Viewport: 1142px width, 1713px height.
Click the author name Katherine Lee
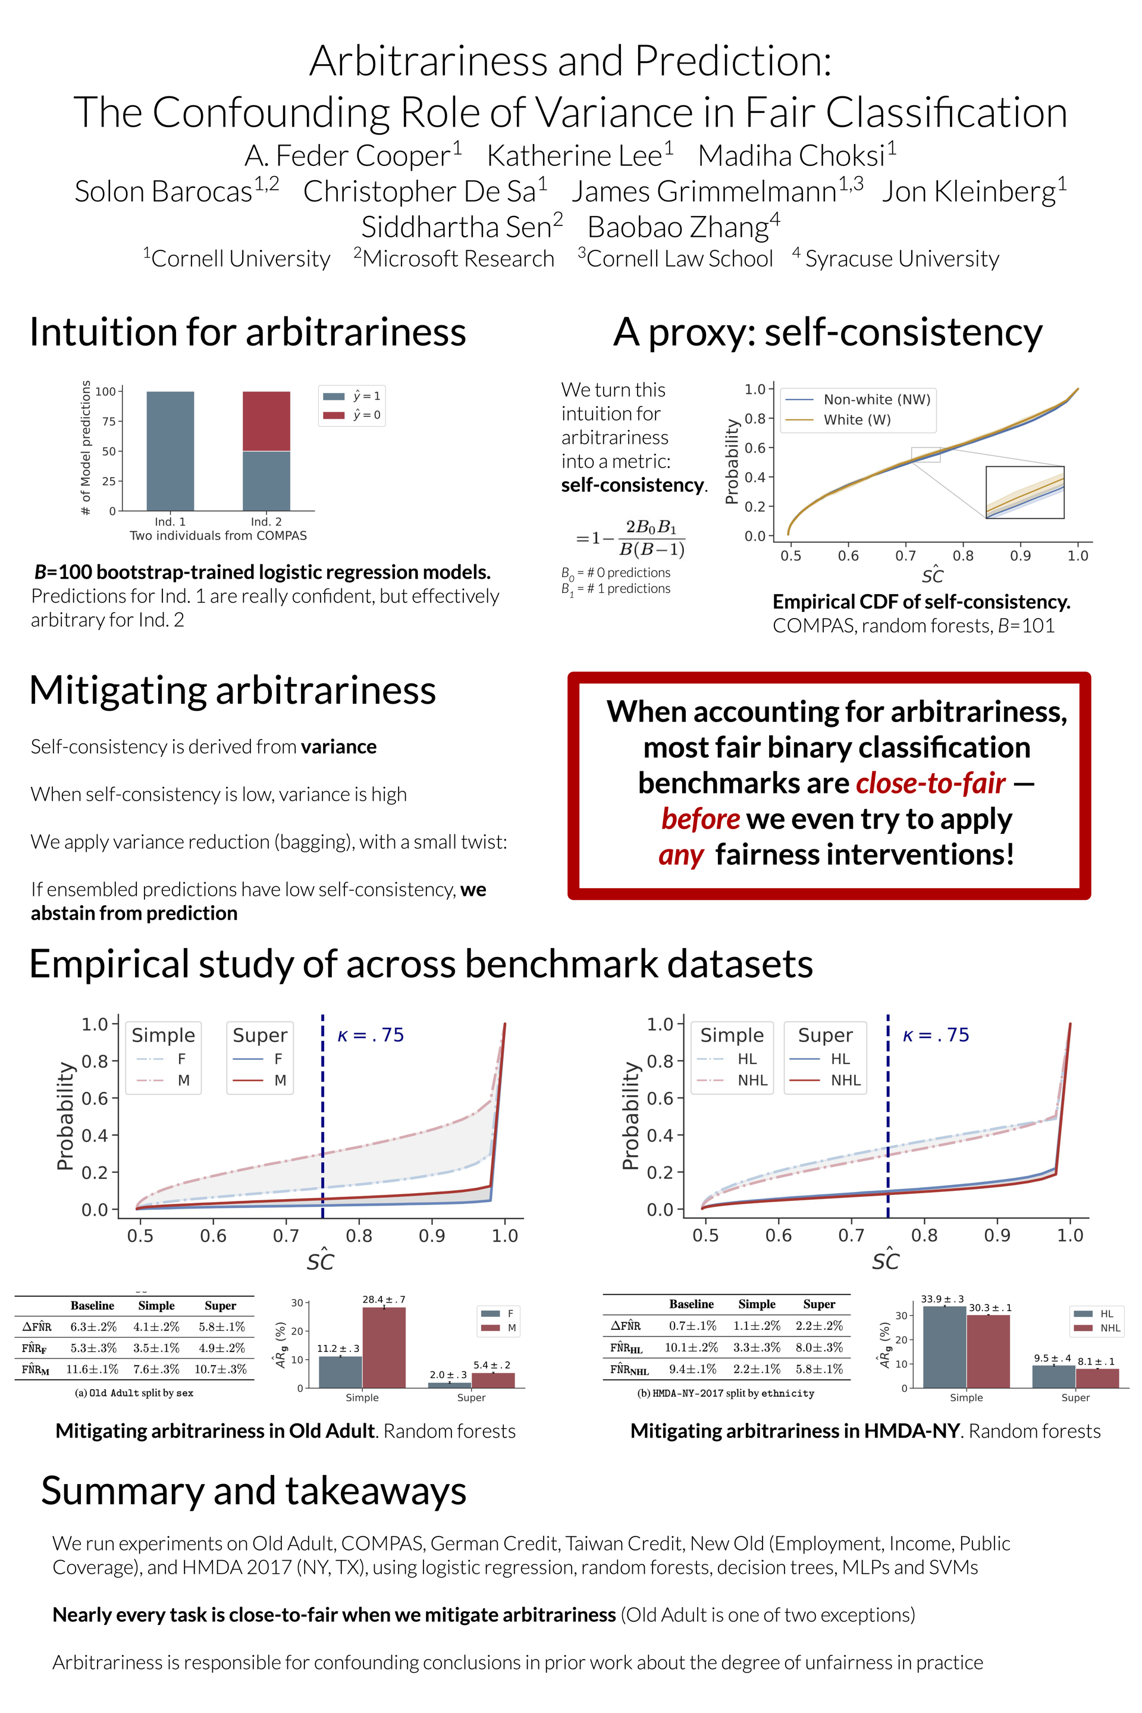click(575, 156)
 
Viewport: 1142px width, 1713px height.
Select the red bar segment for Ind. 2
click(266, 421)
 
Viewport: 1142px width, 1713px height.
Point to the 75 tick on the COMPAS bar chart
click(108, 421)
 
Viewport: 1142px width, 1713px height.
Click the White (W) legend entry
click(857, 419)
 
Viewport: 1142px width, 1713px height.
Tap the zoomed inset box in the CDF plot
click(1025, 492)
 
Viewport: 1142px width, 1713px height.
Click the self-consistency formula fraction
click(650, 538)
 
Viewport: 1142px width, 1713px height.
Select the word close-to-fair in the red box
click(931, 783)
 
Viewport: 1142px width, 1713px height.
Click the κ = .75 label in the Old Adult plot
click(371, 1035)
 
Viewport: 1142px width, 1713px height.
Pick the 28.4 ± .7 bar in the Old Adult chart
click(384, 1347)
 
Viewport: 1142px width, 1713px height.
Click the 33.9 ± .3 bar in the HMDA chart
click(944, 1347)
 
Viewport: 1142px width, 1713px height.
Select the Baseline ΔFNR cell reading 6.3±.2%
click(93, 1326)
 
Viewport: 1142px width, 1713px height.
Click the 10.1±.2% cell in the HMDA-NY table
click(691, 1347)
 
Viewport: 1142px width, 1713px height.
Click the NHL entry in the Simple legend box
click(752, 1080)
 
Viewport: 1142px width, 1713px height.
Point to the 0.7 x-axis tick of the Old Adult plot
click(286, 1236)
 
